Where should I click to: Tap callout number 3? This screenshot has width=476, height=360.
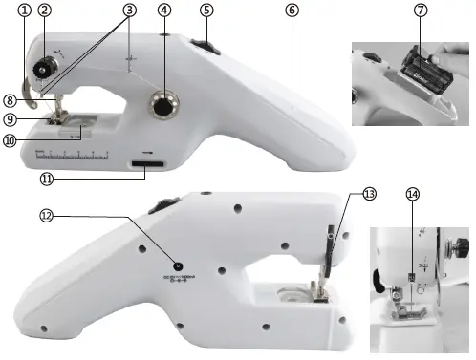[x=129, y=10]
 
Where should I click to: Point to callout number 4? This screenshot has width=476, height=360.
[x=165, y=11]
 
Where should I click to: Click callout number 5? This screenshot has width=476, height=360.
[x=206, y=10]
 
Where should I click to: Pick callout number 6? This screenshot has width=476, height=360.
[x=291, y=11]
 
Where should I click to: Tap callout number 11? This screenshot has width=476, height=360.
[x=45, y=179]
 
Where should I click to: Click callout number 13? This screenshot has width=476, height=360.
[x=369, y=193]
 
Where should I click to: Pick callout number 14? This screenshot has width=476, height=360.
[x=413, y=194]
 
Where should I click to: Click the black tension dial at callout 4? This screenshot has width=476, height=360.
[x=165, y=108]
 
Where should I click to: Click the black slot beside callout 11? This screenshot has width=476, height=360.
[x=147, y=168]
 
